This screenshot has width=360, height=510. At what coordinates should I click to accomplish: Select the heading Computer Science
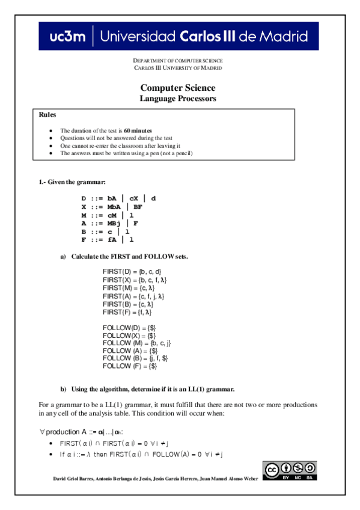178,87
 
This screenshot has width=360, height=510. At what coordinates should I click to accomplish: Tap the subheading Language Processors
178,98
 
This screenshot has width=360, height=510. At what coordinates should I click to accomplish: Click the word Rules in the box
47,114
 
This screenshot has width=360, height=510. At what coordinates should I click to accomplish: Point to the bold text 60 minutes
138,130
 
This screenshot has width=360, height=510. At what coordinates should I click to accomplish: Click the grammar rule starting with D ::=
118,198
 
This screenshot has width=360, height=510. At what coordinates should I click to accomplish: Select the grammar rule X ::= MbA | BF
111,206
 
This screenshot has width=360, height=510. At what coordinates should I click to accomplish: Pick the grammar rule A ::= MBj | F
110,223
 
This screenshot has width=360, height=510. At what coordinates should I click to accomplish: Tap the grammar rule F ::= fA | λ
107,239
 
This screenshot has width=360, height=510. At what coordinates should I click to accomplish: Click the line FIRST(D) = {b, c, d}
132,272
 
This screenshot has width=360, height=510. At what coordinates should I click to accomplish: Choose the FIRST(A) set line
133,296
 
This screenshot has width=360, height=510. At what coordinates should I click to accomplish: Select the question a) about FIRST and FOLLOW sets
130,257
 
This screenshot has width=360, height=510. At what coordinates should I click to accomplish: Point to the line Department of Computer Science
178,61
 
